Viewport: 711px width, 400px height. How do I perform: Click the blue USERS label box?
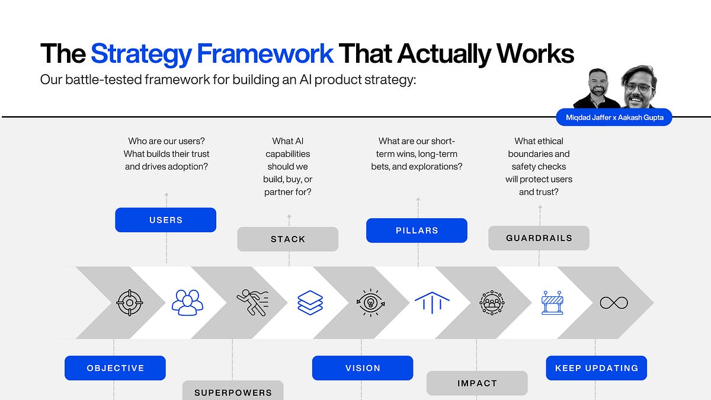[166, 220]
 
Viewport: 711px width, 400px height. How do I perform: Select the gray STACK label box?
[288, 239]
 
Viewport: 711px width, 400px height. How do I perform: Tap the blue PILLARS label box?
[417, 231]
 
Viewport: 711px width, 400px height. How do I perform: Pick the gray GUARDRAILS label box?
[539, 238]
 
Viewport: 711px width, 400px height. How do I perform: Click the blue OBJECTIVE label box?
[115, 368]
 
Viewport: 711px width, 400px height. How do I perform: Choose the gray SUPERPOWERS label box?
[233, 391]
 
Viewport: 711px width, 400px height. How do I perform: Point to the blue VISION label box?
[363, 368]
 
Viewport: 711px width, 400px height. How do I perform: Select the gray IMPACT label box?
[477, 383]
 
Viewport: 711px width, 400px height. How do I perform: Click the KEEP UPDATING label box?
[596, 368]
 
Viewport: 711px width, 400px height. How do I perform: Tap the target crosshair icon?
[129, 302]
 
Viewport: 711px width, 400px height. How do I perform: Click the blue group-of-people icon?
[187, 302]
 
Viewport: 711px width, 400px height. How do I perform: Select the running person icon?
[252, 302]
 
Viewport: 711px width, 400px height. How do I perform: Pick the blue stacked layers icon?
[310, 302]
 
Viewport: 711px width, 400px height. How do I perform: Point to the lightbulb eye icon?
[371, 302]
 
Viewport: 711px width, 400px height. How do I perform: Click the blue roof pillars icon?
[432, 302]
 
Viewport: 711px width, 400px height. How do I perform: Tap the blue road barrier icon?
[552, 302]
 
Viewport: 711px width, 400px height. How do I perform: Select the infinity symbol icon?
[613, 303]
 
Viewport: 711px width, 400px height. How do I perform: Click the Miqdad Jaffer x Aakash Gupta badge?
[614, 117]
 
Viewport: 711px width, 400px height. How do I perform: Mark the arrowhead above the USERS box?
[166, 194]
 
